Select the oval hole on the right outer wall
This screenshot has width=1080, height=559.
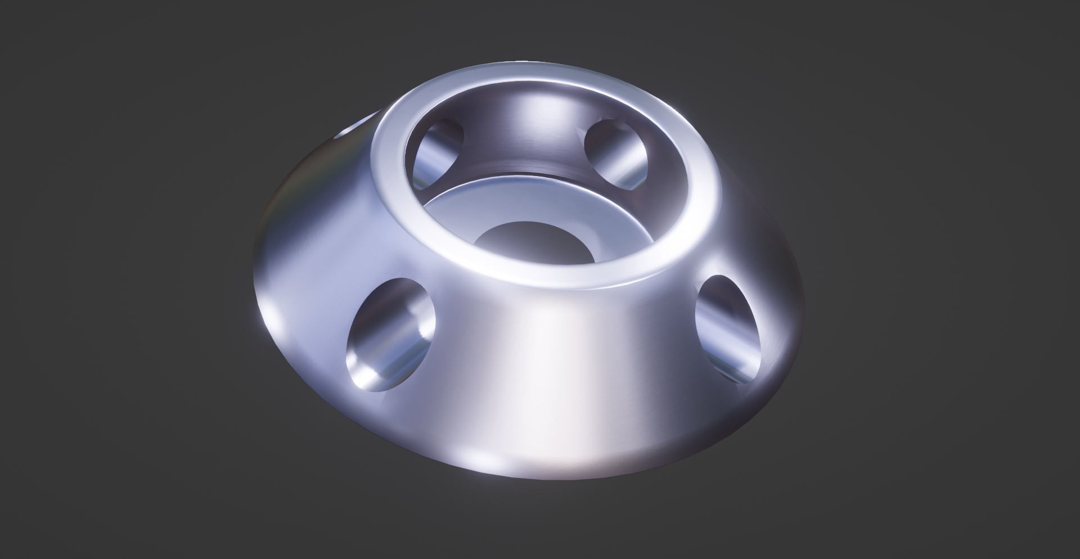[727, 329]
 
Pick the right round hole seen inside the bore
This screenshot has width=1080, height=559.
[616, 152]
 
